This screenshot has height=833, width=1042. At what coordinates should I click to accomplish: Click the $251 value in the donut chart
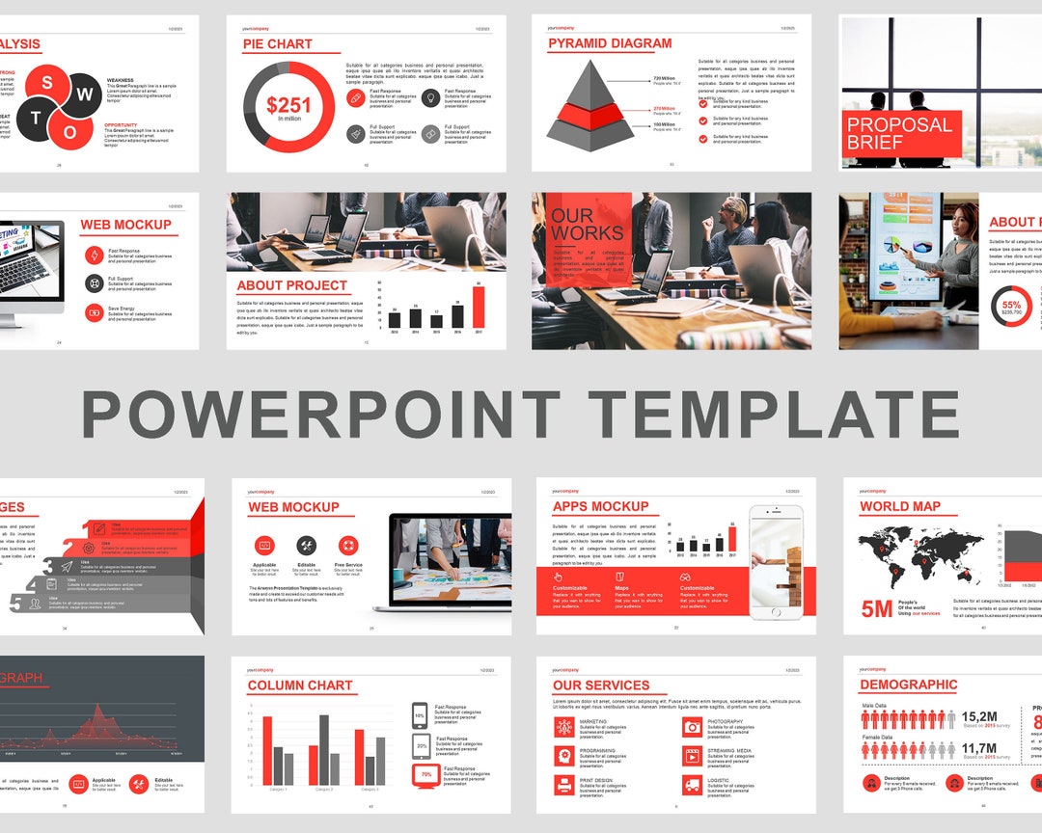coord(288,105)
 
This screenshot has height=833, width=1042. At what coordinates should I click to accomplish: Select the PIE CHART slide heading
coord(278,44)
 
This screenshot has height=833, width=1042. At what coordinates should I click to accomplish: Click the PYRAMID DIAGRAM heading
coord(610,43)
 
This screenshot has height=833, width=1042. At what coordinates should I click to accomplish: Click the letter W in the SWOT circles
coord(85,94)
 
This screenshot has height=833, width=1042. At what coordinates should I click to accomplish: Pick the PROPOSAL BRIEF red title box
coord(899,133)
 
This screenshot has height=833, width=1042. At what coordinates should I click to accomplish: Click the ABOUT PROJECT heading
coord(291,285)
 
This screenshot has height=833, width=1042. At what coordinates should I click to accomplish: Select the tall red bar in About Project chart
coord(479,306)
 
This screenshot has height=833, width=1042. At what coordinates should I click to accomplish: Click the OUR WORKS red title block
coord(587,225)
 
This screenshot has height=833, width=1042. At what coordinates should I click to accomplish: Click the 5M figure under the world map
coord(877,608)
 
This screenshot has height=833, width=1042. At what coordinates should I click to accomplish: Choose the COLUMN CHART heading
coord(300,685)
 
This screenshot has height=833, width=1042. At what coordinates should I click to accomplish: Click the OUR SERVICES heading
coord(601,685)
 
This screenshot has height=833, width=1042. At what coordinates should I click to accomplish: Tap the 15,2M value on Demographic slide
coord(978,716)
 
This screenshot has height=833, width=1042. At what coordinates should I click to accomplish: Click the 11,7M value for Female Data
coord(978,747)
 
